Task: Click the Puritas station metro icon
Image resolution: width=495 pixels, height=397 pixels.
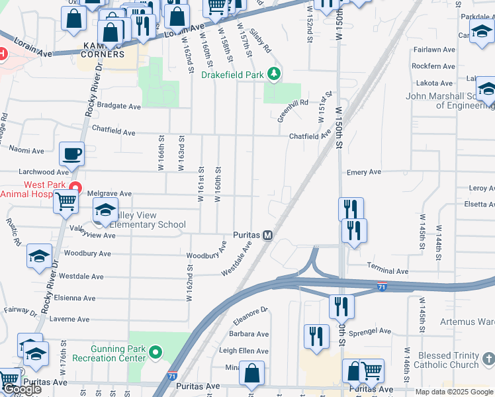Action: pos(268,235)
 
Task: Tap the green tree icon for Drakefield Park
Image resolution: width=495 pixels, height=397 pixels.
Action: pos(274,75)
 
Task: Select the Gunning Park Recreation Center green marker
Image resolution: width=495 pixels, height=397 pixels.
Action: pos(156,352)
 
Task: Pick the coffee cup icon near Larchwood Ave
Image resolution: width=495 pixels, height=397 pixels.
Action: pos(72,155)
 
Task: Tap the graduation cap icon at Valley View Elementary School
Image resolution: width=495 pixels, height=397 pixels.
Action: pos(105,211)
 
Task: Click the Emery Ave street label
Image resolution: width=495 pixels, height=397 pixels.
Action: pos(364,172)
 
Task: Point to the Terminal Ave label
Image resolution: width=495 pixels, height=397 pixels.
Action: pos(388,271)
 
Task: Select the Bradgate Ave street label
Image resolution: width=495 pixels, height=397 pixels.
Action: pos(119,106)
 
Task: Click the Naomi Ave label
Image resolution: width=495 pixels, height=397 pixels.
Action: pos(26,151)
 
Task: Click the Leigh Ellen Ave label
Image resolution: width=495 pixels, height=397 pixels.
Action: pos(244,351)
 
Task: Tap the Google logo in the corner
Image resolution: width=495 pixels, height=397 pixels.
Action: pos(21,390)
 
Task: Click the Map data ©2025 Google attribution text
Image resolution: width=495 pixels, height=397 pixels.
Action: pos(454,392)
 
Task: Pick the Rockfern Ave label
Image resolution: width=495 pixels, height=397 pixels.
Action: pos(433,66)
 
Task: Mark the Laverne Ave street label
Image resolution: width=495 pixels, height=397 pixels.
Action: pos(69,319)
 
